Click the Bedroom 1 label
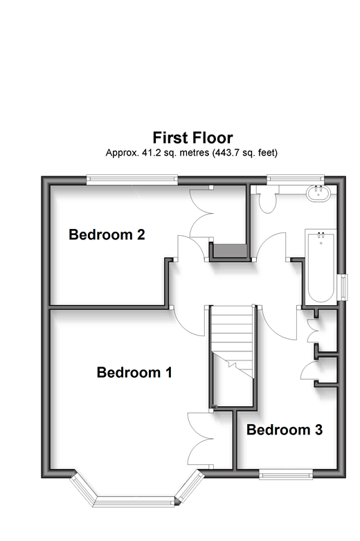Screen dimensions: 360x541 click(x=134, y=373)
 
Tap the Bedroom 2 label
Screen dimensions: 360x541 click(x=107, y=235)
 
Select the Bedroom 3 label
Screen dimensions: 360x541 click(x=285, y=430)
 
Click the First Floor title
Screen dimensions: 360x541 click(x=192, y=138)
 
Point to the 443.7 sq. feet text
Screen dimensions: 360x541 click(x=244, y=152)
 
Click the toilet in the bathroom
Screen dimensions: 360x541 click(x=267, y=200)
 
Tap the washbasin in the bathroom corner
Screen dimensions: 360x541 click(x=318, y=192)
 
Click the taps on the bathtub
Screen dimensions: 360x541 click(x=321, y=235)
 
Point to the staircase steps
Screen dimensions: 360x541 click(x=233, y=341)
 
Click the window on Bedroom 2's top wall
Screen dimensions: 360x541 click(x=132, y=178)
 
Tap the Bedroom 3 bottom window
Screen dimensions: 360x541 click(x=286, y=475)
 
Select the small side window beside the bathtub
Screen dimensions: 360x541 click(x=344, y=286)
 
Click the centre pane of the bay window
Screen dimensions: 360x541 click(x=134, y=502)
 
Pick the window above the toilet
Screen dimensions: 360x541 click(x=295, y=178)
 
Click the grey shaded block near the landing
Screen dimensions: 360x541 click(x=231, y=250)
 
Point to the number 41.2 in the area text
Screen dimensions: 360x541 click(x=151, y=152)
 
